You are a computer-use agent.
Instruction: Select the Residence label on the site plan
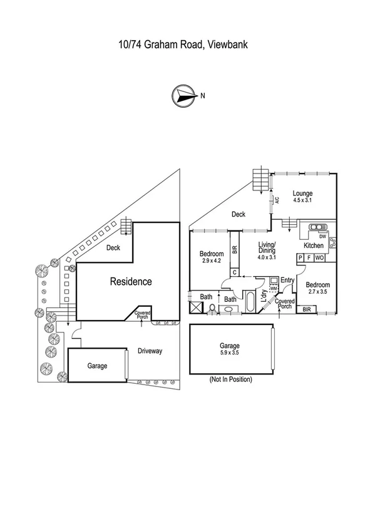click(x=131, y=282)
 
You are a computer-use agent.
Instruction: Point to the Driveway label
click(x=150, y=351)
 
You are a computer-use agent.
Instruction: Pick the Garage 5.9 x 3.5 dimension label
click(x=229, y=349)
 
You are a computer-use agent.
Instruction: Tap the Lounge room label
click(x=302, y=197)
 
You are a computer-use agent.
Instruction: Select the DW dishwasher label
click(x=322, y=237)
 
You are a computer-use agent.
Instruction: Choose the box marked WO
click(x=319, y=257)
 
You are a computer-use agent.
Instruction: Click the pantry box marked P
click(x=301, y=257)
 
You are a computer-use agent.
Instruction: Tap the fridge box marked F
click(x=309, y=257)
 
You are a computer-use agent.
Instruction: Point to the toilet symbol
click(x=213, y=308)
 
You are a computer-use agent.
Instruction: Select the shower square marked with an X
click(x=196, y=307)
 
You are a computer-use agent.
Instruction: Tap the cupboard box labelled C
click(x=234, y=272)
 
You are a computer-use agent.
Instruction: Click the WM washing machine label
click(x=273, y=289)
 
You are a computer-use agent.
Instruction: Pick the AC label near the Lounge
click(x=276, y=200)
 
